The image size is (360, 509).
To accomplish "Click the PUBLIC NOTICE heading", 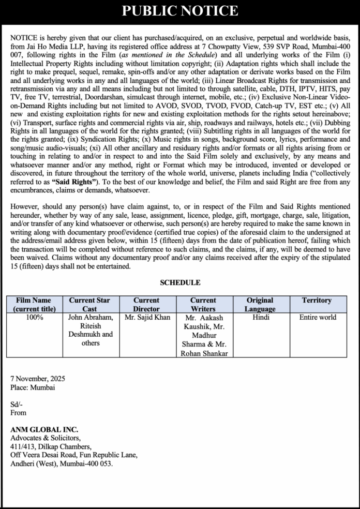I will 180,11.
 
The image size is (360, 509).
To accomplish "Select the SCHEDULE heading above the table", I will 180,282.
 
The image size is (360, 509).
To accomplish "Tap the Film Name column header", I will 33,304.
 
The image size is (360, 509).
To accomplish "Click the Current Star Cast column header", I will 89,304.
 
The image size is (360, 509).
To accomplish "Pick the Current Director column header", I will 146,304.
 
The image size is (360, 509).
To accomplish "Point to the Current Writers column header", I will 203,304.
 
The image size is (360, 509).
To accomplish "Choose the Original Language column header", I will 260,304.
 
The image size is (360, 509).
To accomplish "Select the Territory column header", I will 317,300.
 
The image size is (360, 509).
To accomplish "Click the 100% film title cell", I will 34,317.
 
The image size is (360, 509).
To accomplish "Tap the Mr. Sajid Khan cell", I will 147,317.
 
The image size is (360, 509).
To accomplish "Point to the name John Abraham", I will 90,317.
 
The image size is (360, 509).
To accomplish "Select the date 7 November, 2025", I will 38,379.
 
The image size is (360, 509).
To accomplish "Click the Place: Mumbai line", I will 33,387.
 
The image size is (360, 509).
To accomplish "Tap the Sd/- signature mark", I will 17,404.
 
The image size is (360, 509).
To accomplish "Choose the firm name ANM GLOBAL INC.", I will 44,429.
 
